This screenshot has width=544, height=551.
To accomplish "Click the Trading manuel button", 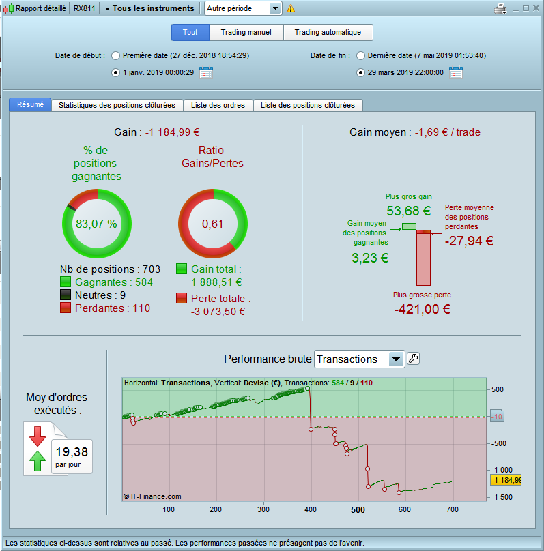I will tap(246, 32).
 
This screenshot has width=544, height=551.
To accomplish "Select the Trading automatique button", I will tap(328, 32).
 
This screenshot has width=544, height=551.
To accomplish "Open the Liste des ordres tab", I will tap(218, 105).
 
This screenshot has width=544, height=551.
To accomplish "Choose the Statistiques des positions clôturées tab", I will tap(117, 105).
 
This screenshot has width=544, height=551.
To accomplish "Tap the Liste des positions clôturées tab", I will tap(307, 105).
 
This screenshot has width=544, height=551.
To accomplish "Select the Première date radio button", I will tap(115, 55).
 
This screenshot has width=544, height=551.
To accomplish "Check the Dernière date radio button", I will tap(360, 55).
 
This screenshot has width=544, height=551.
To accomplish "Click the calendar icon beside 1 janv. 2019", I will tap(205, 72).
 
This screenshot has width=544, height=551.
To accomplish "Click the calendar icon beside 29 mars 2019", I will tap(456, 72).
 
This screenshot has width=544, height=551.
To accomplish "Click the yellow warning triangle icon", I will tap(291, 8).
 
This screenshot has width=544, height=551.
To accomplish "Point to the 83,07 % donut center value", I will tap(96, 224).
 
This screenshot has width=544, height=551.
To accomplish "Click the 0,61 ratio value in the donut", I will tap(212, 224).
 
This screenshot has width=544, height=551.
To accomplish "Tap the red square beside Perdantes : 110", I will tap(66, 308).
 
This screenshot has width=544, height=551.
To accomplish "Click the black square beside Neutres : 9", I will tap(66, 295).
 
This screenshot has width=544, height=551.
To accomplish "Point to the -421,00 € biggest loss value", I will tap(422, 308).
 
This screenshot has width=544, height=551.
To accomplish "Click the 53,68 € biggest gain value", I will tap(408, 211).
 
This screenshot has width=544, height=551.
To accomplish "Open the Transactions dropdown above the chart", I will tap(396, 359).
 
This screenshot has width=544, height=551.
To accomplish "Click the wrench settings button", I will tap(413, 359).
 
